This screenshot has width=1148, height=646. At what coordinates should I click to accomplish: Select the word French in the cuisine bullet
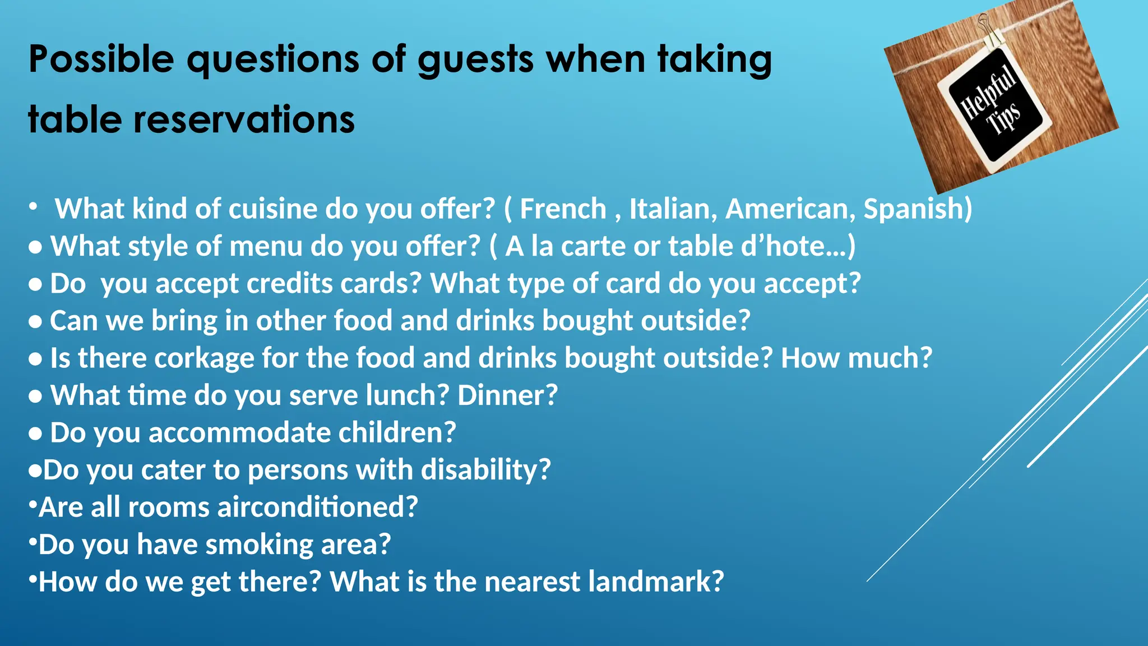pyautogui.click(x=563, y=209)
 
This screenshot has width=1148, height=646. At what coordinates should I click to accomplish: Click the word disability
pyautogui.click(x=485, y=470)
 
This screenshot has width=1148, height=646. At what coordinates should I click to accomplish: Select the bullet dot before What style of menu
pyautogui.click(x=35, y=247)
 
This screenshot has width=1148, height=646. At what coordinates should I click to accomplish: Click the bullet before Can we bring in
pyautogui.click(x=35, y=322)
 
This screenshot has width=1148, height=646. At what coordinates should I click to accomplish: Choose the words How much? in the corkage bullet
pyautogui.click(x=856, y=358)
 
